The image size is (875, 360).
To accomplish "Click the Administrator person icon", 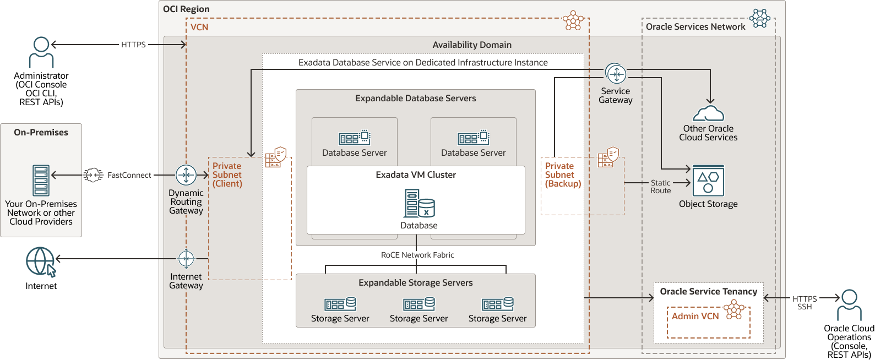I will pos(41,52).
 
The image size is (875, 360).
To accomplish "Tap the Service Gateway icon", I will pos(616,73).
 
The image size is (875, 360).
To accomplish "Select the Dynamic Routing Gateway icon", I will pos(186,175).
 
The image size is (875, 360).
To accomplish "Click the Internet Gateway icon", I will pos(186,258).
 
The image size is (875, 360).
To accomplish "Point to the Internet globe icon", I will pos(41,262).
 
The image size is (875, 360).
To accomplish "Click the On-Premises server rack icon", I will pos(41,181).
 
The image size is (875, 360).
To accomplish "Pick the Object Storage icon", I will pos(708,181).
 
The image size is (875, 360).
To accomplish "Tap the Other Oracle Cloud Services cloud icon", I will pos(708,113).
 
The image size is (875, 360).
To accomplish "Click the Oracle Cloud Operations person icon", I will pos(849,305).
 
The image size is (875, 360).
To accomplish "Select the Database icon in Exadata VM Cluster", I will pos(419,204).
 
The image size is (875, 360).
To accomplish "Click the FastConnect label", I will pos(129,175).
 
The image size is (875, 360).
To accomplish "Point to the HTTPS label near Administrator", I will pos(133,45).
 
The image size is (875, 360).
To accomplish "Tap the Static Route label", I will pos(661,187).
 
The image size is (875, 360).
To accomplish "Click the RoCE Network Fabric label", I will pos(417,255).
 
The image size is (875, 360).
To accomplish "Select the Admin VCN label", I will pos(695,317).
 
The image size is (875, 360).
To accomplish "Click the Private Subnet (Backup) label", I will pos(563,174).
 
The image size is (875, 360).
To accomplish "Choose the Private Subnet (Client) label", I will pos(227,174).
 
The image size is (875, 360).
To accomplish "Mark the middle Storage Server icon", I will pos(419,304).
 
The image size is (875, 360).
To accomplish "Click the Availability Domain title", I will pos(472,45).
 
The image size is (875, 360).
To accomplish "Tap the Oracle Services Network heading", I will pos(695,26).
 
